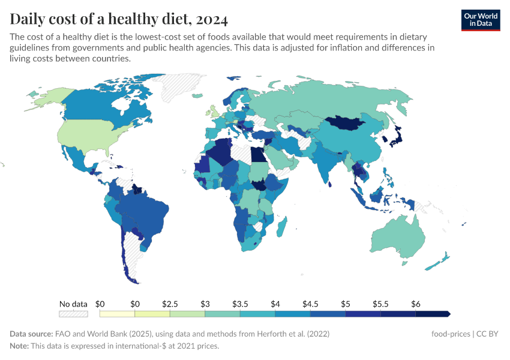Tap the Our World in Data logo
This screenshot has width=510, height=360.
point(480,20)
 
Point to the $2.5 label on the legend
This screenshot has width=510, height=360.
point(170,304)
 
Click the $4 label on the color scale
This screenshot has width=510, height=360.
point(275,304)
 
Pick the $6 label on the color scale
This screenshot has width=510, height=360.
point(415,304)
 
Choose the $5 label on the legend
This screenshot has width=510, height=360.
point(345,304)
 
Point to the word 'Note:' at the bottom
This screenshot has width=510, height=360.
point(20,346)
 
